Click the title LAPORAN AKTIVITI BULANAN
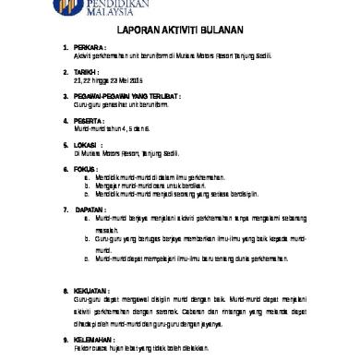click(181, 29)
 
